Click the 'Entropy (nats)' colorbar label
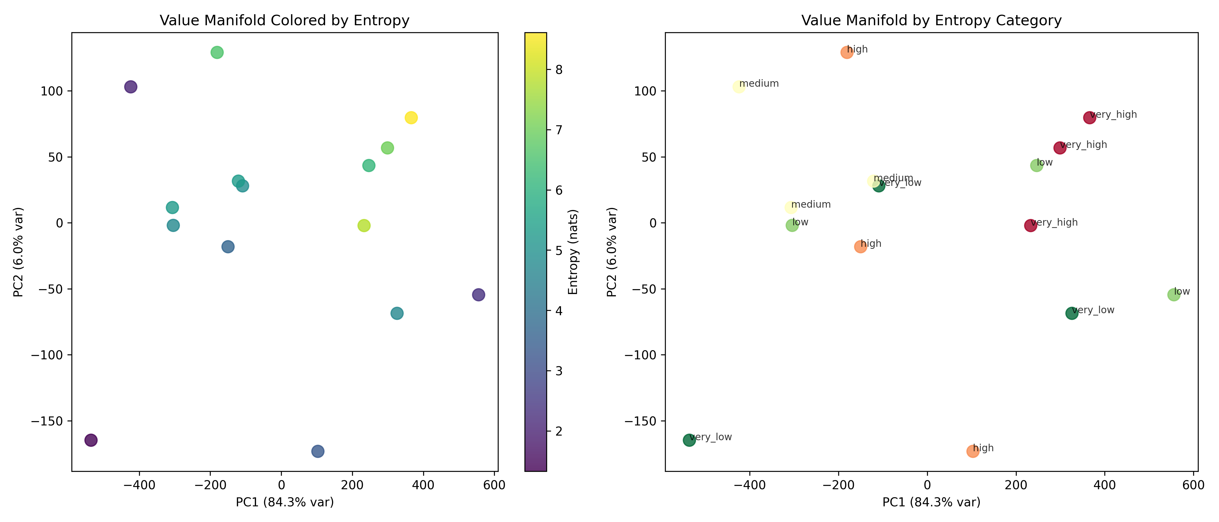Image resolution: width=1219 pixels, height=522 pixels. click(573, 252)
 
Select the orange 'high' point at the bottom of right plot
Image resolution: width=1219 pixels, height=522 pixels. click(973, 451)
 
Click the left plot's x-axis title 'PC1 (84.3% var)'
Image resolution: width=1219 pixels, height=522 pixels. click(284, 502)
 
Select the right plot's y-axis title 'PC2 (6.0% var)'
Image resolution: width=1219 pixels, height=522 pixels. click(612, 252)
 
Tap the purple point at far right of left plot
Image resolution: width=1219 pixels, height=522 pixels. click(478, 295)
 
